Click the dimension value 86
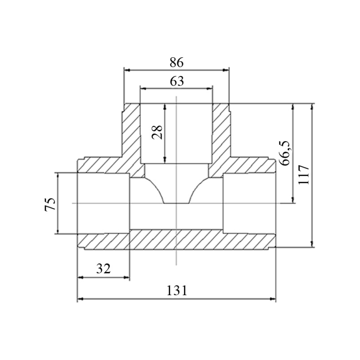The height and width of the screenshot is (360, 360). tap(176, 62)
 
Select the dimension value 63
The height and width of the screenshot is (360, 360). tap(177, 81)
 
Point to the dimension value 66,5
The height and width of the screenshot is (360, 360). tap(285, 153)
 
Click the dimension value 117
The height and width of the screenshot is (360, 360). tap(304, 175)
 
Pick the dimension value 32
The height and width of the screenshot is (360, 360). tap(103, 269)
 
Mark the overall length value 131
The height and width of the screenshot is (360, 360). tap(177, 291)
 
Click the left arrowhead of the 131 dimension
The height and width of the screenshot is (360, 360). tap(80, 299)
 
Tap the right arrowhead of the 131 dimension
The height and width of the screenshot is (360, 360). tap(273, 299)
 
